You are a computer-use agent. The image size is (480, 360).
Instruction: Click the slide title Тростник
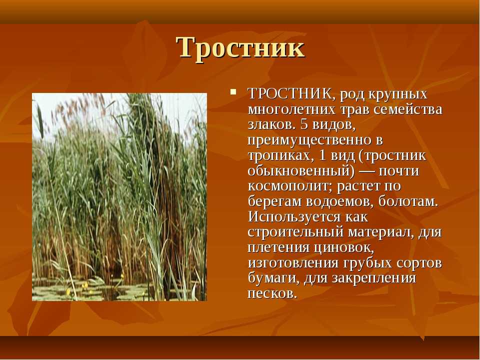click(x=240, y=48)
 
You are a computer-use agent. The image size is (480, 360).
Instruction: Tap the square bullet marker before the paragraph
click(x=233, y=91)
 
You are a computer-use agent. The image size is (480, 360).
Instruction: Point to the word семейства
click(x=408, y=109)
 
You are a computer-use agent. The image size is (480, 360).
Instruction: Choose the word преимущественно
click(x=308, y=140)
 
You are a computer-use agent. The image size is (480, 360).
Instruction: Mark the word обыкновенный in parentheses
click(x=299, y=171)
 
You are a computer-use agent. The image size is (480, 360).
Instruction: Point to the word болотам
click(x=408, y=201)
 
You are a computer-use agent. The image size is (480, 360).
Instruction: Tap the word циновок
click(x=344, y=247)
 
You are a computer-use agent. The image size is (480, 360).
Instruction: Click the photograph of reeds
click(x=119, y=197)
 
